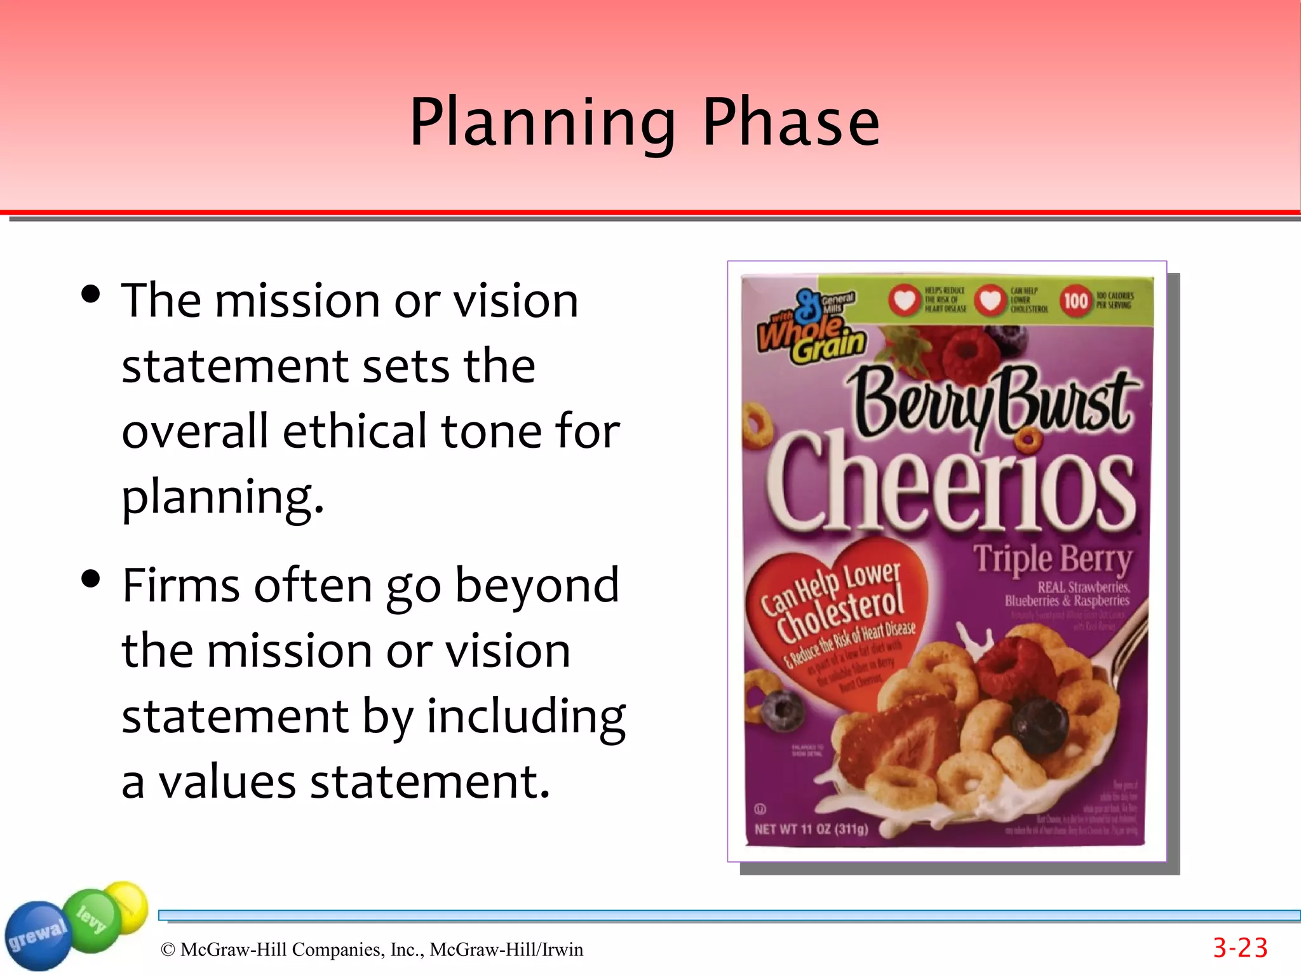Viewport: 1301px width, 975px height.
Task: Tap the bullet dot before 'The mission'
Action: [91, 294]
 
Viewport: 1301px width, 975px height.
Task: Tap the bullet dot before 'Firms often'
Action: [91, 579]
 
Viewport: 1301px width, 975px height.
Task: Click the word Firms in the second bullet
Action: [181, 586]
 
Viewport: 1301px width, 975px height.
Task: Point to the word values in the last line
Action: [227, 782]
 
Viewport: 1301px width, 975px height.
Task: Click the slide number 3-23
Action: [1239, 948]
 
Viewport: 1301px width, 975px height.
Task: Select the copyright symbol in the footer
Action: [168, 950]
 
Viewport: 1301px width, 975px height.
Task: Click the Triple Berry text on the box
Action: [1053, 560]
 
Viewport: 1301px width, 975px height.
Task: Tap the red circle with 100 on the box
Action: [1075, 300]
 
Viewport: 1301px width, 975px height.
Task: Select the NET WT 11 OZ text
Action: [811, 830]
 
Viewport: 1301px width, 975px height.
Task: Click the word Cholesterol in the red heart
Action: [840, 614]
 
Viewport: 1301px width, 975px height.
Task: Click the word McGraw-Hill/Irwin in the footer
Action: [506, 950]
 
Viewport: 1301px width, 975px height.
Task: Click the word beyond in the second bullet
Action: [537, 586]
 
